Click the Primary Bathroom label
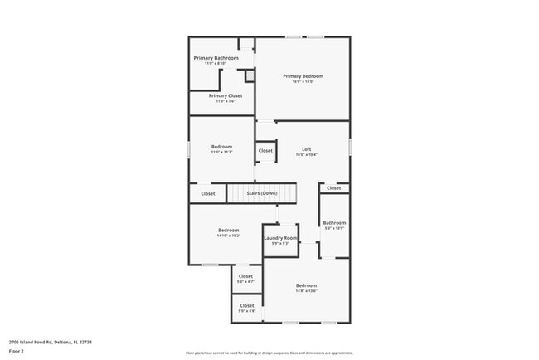pos(216,58)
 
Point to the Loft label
pos(306,149)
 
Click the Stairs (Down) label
pos(262,193)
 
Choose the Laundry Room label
pos(280,239)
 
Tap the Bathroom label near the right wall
pos(334,222)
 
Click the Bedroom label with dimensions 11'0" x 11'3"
pos(221,147)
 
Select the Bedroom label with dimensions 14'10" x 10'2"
pos(229,230)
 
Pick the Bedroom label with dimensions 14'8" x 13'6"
pos(306,285)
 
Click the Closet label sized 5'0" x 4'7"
pos(246,276)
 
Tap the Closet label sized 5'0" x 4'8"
pos(247,305)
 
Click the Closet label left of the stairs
pos(207,193)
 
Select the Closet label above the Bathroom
pos(333,188)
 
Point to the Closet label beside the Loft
pos(265,151)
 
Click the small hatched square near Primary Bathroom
pos(249,75)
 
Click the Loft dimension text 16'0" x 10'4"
pos(306,155)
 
